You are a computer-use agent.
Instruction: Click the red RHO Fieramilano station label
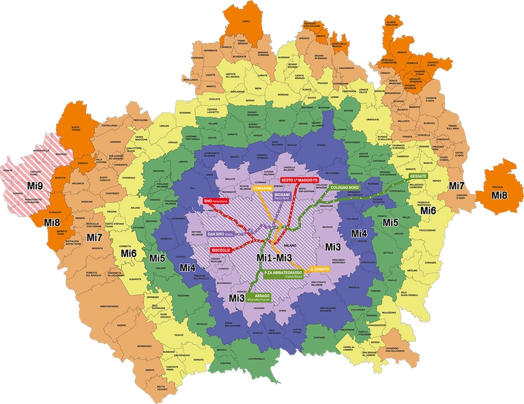click(217, 201)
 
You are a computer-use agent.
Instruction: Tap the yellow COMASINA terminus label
click(263, 188)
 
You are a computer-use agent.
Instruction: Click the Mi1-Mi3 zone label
click(274, 257)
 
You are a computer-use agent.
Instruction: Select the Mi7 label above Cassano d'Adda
click(456, 186)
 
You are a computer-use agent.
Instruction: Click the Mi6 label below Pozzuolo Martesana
click(428, 210)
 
